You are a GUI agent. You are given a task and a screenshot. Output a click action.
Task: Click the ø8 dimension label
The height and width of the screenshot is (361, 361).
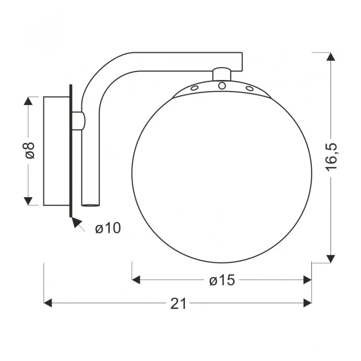(29, 150)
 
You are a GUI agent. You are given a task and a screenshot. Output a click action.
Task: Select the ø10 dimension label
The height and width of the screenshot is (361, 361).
(108, 228)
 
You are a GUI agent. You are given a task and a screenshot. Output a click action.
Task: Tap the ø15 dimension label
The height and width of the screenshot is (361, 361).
(222, 280)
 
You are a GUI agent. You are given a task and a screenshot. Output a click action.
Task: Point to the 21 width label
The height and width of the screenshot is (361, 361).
(178, 303)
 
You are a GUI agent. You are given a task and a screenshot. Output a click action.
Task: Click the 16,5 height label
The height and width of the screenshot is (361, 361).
(331, 157)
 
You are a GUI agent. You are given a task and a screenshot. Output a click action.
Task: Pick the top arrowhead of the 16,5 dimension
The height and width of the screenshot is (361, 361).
(331, 56)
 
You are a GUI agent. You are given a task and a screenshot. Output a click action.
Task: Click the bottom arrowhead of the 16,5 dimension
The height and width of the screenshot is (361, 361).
(331, 259)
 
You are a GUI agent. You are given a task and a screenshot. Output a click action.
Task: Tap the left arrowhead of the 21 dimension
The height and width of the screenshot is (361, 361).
(48, 303)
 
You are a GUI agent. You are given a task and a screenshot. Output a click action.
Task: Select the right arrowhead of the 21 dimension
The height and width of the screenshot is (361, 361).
(308, 303)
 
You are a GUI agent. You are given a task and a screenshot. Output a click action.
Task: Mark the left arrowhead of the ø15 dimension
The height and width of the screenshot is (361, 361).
(136, 280)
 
